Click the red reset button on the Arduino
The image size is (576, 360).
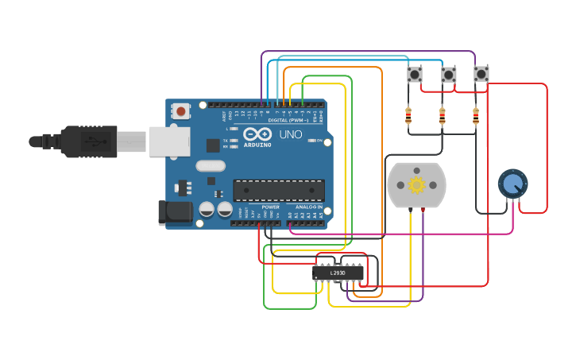[x=181, y=111]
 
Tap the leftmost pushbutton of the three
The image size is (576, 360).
[x=415, y=75]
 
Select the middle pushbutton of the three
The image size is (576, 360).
[x=449, y=75]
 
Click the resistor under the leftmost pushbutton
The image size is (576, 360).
[x=408, y=117]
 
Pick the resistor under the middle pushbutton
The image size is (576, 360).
[x=443, y=117]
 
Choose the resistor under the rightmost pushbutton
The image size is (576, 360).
[x=476, y=117]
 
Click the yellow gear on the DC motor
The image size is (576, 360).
[x=416, y=185]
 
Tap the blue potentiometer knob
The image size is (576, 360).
[x=512, y=184]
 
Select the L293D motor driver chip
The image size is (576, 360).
[x=338, y=273]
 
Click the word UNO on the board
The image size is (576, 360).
[x=291, y=135]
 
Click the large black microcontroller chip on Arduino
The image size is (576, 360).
[x=278, y=190]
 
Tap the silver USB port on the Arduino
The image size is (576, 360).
[x=169, y=141]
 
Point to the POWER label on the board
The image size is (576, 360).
[x=270, y=207]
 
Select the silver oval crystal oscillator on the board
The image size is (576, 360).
[x=211, y=166]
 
